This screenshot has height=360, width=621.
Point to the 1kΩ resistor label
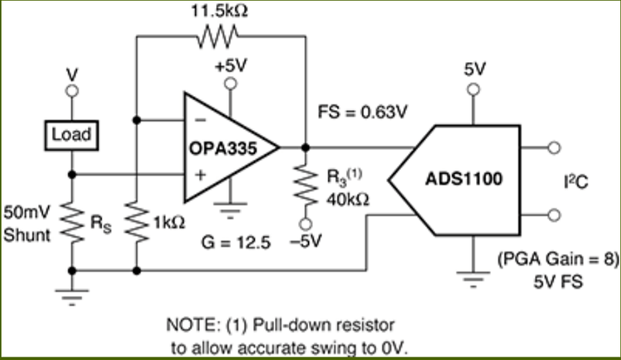coord(168,222)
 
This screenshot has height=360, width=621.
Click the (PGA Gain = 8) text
coord(558,260)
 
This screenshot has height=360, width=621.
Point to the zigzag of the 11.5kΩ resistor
coord(218,36)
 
